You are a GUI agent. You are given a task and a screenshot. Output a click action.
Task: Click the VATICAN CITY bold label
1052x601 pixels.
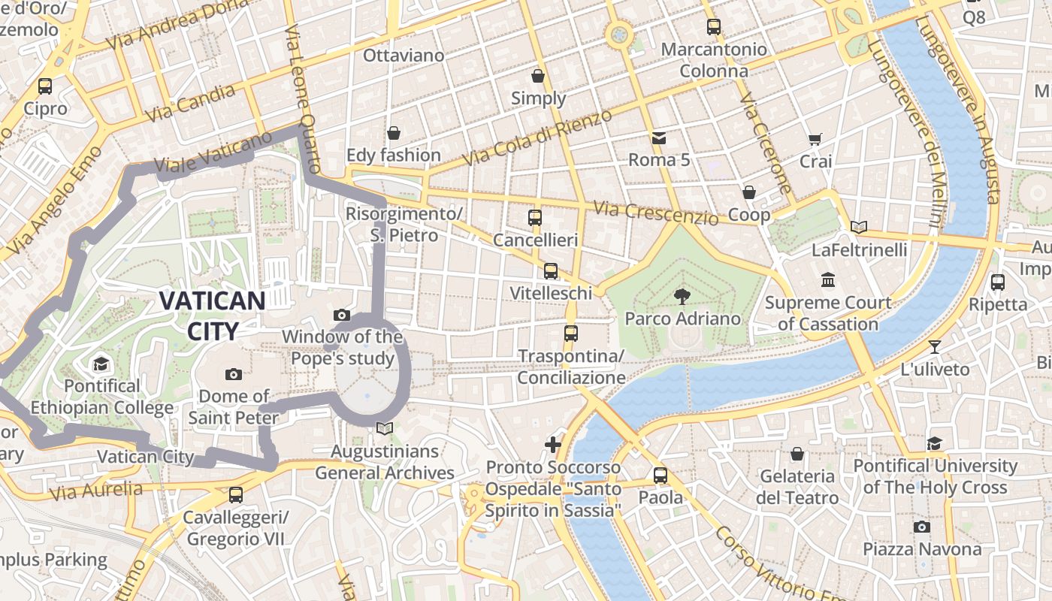(212, 316)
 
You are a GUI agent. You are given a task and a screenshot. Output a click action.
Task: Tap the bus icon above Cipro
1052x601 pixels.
(45, 86)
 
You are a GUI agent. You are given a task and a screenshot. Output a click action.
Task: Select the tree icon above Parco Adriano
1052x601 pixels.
(682, 296)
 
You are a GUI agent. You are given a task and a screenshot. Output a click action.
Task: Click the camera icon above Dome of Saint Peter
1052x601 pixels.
(234, 373)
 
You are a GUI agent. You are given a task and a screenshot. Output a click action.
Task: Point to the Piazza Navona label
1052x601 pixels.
(922, 549)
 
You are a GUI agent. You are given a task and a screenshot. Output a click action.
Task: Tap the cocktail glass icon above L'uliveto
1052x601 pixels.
(935, 346)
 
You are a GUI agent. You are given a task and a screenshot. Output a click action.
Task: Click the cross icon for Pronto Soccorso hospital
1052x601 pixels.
(553, 445)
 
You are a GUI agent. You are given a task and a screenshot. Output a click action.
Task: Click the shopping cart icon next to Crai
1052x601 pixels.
(815, 139)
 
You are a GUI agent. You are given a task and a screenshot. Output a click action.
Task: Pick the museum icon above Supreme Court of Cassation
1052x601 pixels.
(828, 279)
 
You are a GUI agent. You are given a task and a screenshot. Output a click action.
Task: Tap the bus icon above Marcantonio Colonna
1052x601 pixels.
(714, 27)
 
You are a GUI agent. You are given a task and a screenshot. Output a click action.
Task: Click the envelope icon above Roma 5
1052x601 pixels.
(659, 137)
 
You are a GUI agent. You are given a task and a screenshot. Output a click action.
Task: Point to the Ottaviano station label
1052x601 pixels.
(404, 56)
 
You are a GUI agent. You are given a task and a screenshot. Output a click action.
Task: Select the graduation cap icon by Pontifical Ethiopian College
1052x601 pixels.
(101, 364)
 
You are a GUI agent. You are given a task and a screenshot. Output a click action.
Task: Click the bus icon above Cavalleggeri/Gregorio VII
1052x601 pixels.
(235, 494)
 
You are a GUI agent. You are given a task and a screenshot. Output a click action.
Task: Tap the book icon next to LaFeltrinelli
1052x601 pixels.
(859, 227)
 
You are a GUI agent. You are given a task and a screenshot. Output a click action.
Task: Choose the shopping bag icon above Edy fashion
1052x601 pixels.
(393, 133)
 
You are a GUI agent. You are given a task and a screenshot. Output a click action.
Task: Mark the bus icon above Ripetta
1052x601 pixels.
(997, 282)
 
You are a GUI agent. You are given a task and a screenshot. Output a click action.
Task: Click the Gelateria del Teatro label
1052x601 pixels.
(797, 487)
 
